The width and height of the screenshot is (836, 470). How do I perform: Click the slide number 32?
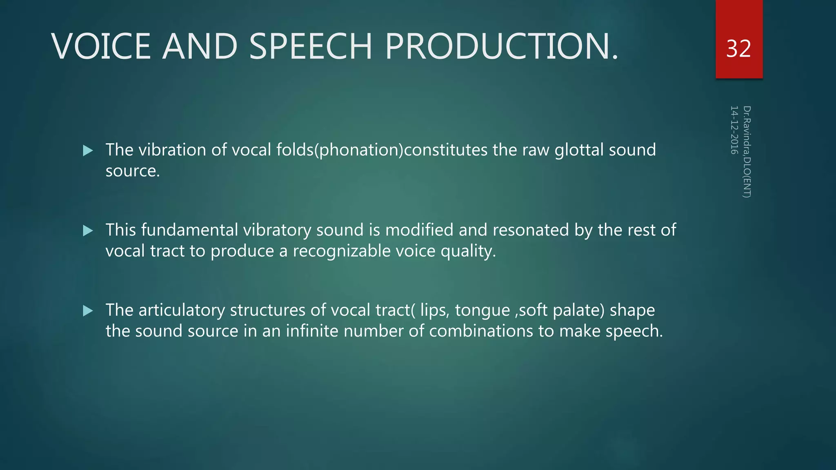pos(738,49)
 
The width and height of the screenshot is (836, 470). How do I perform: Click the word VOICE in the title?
pos(101,46)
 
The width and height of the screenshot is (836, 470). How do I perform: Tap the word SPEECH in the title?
pos(310,46)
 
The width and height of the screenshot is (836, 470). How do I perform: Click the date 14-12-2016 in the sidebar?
pos(734,130)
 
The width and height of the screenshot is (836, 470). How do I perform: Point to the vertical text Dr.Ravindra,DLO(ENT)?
pos(747,152)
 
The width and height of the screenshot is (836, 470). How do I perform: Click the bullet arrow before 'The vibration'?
pos(88,151)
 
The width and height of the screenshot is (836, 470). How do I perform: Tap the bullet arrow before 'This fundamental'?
pos(88,231)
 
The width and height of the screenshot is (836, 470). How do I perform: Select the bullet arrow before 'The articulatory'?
pos(88,311)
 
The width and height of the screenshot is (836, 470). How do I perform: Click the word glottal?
pos(579,150)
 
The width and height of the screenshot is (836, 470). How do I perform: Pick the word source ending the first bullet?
pos(132,171)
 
